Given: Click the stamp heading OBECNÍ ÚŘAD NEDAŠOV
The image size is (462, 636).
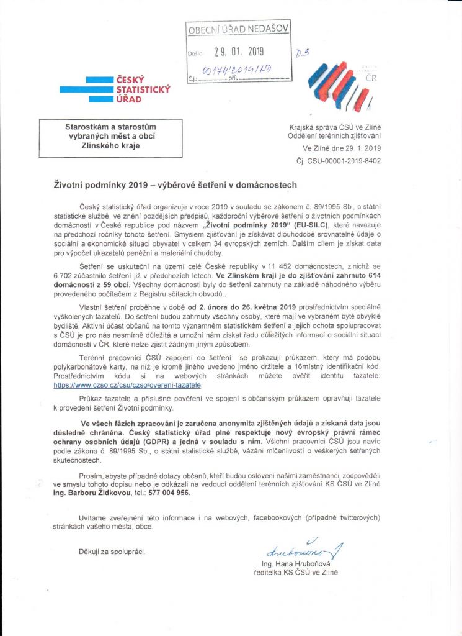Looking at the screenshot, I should click(x=238, y=29).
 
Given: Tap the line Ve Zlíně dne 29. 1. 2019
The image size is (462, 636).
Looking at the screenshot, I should click(x=342, y=148).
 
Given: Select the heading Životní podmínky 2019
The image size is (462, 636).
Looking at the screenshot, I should click(x=175, y=184).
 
